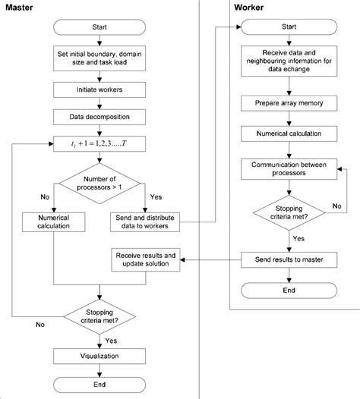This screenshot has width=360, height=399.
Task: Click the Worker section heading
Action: point(249,7)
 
